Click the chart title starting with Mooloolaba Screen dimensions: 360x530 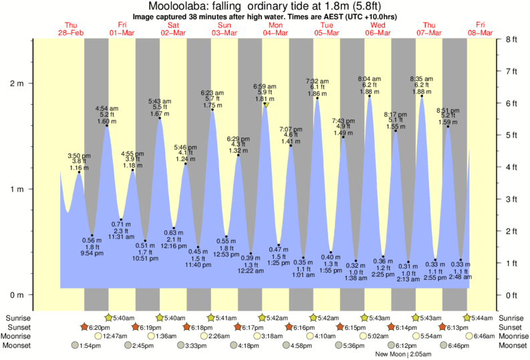tap(265, 6)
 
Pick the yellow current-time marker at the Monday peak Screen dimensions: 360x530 tap(266, 104)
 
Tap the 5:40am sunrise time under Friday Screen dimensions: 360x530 tap(124, 317)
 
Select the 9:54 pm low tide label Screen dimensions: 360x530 tap(92, 254)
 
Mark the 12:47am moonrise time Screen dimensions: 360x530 tap(116, 336)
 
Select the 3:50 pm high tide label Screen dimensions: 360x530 tap(79, 156)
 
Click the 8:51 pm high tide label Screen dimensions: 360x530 tap(448, 110)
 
